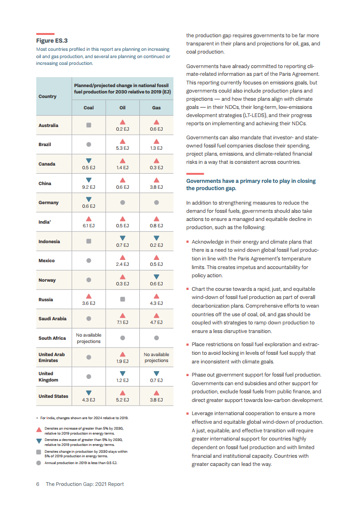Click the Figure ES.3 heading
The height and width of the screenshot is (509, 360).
click(52, 41)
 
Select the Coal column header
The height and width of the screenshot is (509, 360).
click(89, 108)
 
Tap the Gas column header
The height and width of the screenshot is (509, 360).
click(156, 108)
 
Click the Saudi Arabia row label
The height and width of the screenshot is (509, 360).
click(52, 318)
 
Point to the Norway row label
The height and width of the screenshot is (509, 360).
click(47, 280)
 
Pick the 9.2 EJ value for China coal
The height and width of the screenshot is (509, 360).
click(89, 187)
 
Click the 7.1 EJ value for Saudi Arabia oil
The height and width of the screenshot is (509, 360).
click(123, 323)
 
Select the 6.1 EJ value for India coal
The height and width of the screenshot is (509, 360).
click(89, 225)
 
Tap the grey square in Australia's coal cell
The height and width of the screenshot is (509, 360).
click(89, 125)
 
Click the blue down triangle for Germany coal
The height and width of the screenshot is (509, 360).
click(89, 199)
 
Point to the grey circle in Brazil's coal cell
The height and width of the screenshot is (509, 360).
click(89, 144)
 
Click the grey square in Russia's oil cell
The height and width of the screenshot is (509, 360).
click(123, 299)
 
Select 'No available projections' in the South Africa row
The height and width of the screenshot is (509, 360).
click(89, 338)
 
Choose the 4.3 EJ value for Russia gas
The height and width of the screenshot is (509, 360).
click(156, 303)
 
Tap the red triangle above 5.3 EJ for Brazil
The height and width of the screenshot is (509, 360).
click(123, 141)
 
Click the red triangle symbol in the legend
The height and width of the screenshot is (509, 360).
click(39, 430)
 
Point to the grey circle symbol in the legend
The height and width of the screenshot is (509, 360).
click(39, 463)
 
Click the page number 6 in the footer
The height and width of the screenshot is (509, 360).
click(38, 484)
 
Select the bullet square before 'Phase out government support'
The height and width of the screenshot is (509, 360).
click(187, 375)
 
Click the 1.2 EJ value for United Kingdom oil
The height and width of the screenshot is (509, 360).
click(123, 381)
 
